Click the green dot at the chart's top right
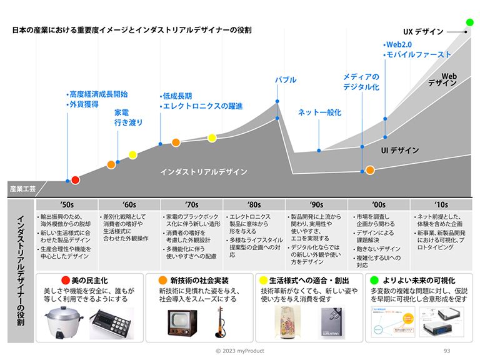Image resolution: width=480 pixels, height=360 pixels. [x=470, y=22]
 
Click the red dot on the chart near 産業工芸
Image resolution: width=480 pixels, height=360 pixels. [x=75, y=180]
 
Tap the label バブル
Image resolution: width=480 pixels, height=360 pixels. [x=286, y=80]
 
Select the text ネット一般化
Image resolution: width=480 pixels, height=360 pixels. [x=319, y=112]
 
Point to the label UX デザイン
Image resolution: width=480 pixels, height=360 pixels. [x=423, y=32]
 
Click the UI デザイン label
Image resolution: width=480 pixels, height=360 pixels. [x=400, y=151]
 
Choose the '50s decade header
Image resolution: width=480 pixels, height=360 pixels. [x=67, y=204]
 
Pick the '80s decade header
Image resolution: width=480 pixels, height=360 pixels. [x=254, y=204]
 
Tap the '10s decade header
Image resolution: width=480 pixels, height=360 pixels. [x=441, y=204]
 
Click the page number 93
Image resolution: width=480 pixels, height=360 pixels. [x=446, y=351]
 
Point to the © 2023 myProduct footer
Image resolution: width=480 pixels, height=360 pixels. [x=240, y=351]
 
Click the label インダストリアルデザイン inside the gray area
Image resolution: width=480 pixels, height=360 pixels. [x=204, y=172]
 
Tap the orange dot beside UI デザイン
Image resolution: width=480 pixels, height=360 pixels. [x=370, y=169]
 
